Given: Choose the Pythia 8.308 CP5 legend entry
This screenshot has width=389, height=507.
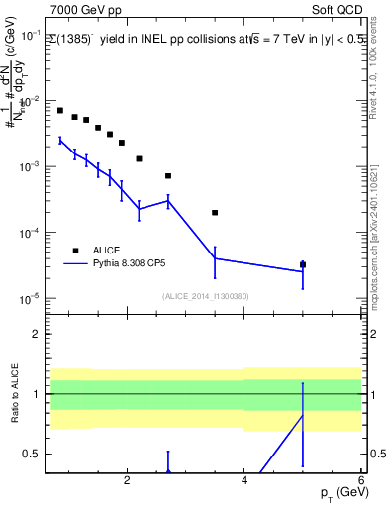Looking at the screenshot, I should [x=145, y=264].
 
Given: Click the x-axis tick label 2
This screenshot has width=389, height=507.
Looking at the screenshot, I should [x=127, y=482].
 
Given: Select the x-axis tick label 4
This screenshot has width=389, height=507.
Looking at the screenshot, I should [x=244, y=482].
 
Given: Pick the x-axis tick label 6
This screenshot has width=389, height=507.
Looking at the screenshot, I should [x=361, y=482].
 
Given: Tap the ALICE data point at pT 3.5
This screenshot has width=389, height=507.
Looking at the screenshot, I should [x=215, y=213].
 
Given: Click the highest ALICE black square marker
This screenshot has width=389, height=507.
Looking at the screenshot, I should [x=60, y=111].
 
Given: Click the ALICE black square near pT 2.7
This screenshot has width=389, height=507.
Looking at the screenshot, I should [x=168, y=176].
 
